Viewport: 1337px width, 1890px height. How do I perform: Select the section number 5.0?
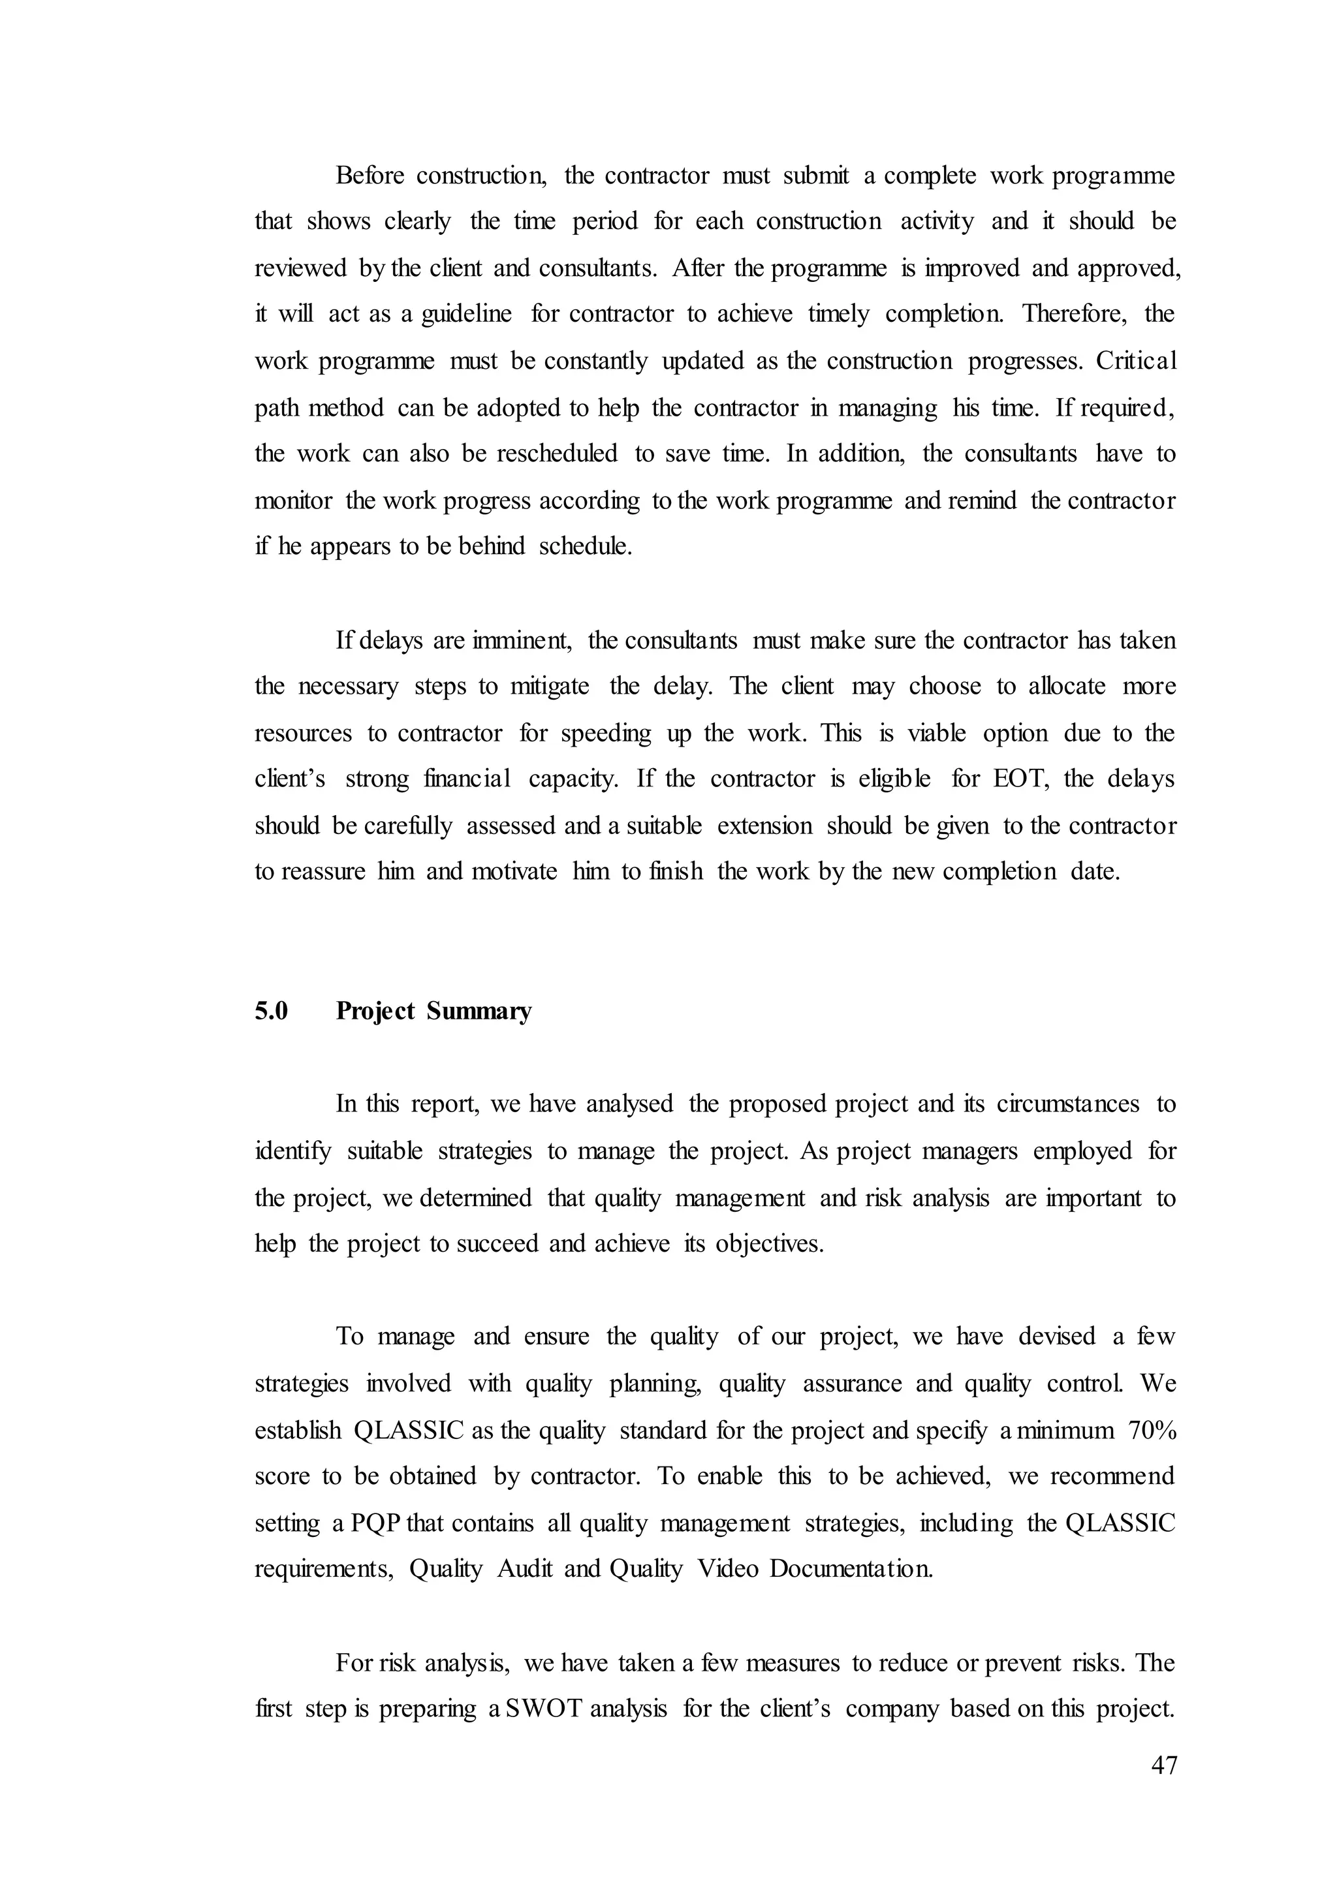point(271,1011)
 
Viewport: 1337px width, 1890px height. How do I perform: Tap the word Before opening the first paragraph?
point(368,176)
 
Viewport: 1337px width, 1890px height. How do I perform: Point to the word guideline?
point(466,315)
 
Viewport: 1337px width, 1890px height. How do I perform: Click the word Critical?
point(1135,360)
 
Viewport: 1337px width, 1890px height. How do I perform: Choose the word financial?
point(467,779)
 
